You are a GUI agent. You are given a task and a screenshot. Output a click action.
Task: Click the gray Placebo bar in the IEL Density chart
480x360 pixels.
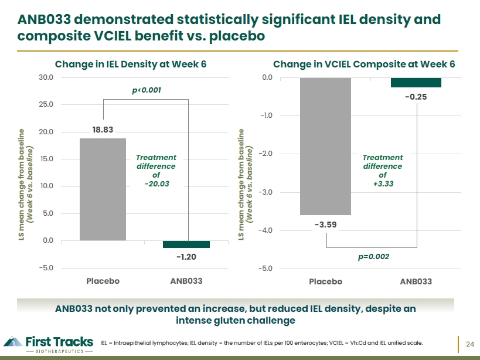pyautogui.click(x=103, y=189)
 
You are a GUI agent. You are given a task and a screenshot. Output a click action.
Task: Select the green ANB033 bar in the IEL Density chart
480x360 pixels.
pyautogui.click(x=186, y=244)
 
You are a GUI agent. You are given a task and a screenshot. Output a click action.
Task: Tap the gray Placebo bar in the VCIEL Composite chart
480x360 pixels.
pyautogui.click(x=325, y=147)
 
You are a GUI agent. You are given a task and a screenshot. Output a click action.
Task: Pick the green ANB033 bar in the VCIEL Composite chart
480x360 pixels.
pyautogui.click(x=416, y=83)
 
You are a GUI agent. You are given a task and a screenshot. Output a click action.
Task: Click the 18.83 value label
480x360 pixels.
pyautogui.click(x=103, y=130)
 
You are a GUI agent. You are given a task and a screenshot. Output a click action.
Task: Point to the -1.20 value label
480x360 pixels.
pyautogui.click(x=186, y=257)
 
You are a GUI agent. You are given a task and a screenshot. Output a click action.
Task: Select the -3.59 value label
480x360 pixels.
pyautogui.click(x=325, y=225)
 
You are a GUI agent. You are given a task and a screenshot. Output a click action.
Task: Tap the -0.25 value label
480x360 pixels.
pyautogui.click(x=416, y=97)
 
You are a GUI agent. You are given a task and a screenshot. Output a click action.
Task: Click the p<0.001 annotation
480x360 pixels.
pyautogui.click(x=147, y=90)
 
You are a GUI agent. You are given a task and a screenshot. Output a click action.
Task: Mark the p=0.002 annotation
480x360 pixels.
pyautogui.click(x=373, y=257)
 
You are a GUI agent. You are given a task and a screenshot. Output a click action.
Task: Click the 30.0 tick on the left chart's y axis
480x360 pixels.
pyautogui.click(x=46, y=77)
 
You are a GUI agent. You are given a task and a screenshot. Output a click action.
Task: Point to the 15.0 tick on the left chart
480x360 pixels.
pyautogui.click(x=46, y=159)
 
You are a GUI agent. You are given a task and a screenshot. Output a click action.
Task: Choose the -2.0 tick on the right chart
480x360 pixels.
pyautogui.click(x=265, y=154)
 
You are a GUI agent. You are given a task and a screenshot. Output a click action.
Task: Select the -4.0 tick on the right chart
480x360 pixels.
pyautogui.click(x=265, y=230)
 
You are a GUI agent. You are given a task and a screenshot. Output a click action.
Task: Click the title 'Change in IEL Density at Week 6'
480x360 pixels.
pyautogui.click(x=131, y=64)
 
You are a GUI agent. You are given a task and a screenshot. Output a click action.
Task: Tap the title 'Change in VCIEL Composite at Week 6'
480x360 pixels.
pyautogui.click(x=364, y=64)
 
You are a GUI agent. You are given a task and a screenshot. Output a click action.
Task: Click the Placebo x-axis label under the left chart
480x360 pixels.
pyautogui.click(x=103, y=281)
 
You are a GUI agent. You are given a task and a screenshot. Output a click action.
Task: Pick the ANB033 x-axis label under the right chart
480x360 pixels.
pyautogui.click(x=416, y=281)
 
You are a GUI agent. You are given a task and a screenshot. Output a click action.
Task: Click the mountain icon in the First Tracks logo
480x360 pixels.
pyautogui.click(x=13, y=341)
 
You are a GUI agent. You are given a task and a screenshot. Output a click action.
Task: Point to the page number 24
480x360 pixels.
pyautogui.click(x=470, y=344)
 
